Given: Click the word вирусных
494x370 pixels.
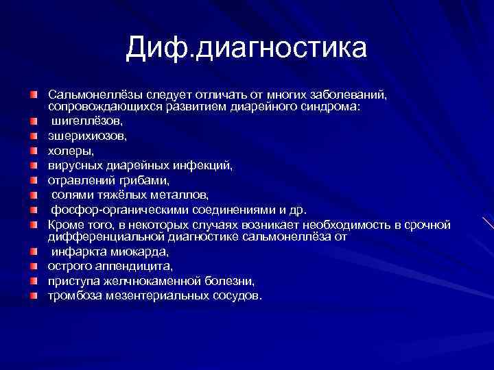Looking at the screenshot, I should click(73, 165).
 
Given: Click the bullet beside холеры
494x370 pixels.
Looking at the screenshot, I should click(34, 150).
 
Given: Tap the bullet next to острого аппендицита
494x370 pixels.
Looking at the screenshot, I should click(34, 266).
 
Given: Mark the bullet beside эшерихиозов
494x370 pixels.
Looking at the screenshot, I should click(34, 136).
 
